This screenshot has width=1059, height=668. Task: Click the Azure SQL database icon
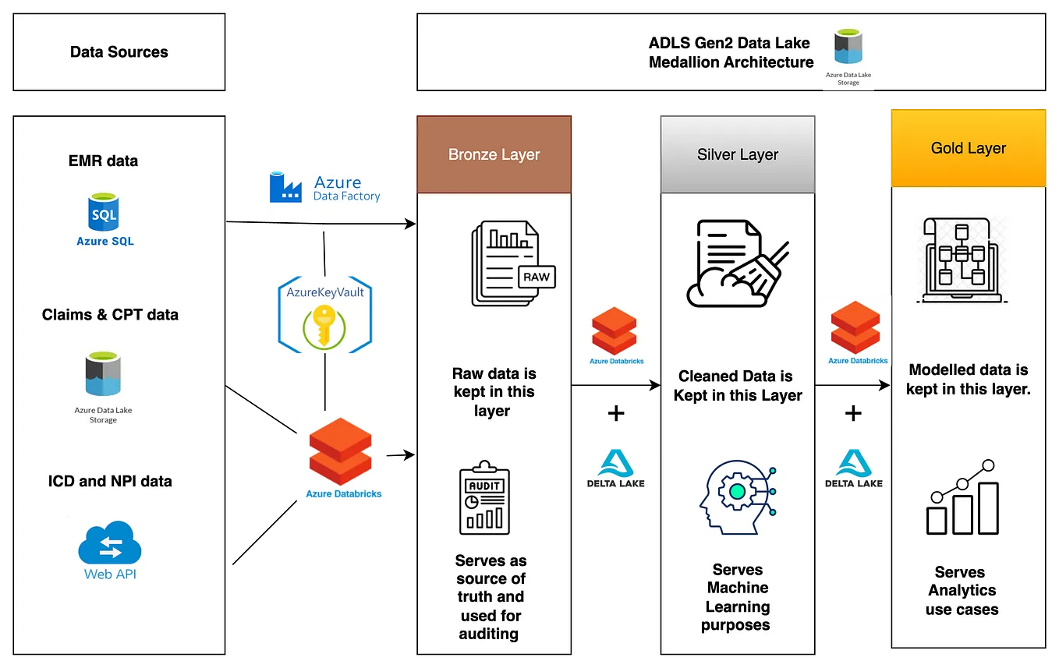104,212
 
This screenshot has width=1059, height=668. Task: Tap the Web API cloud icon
109,543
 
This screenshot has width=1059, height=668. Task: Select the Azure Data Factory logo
324,185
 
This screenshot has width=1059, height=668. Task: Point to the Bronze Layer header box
494,154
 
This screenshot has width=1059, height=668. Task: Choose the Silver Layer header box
738,154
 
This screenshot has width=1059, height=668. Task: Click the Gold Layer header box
969,148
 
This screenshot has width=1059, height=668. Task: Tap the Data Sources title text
119,52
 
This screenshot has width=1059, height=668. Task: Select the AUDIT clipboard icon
484,497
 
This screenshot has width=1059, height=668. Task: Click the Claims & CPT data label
110,315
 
